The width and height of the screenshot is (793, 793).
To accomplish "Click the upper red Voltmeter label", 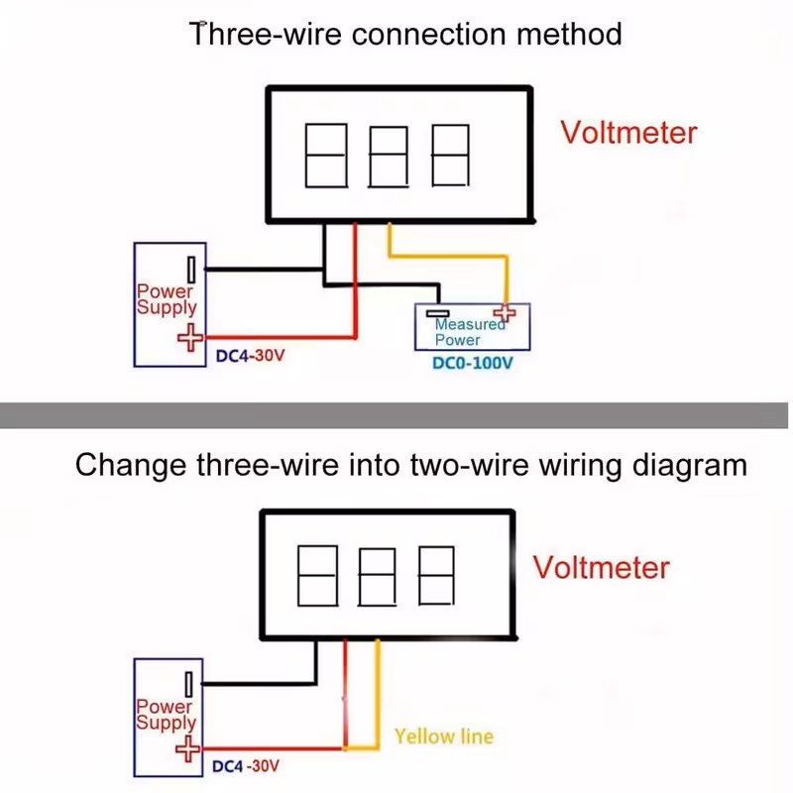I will (x=628, y=132).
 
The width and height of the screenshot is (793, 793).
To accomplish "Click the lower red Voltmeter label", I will (x=601, y=567).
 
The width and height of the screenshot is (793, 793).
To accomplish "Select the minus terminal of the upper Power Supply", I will (x=188, y=269).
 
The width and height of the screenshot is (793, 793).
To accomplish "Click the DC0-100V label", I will (x=472, y=363).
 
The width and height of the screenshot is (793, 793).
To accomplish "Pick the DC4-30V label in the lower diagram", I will (x=246, y=766).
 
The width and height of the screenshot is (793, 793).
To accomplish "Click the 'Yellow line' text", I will (x=443, y=736).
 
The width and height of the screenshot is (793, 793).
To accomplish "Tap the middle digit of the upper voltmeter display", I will (x=388, y=156).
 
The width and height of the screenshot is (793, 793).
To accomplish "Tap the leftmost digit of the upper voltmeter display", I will (x=325, y=156).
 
